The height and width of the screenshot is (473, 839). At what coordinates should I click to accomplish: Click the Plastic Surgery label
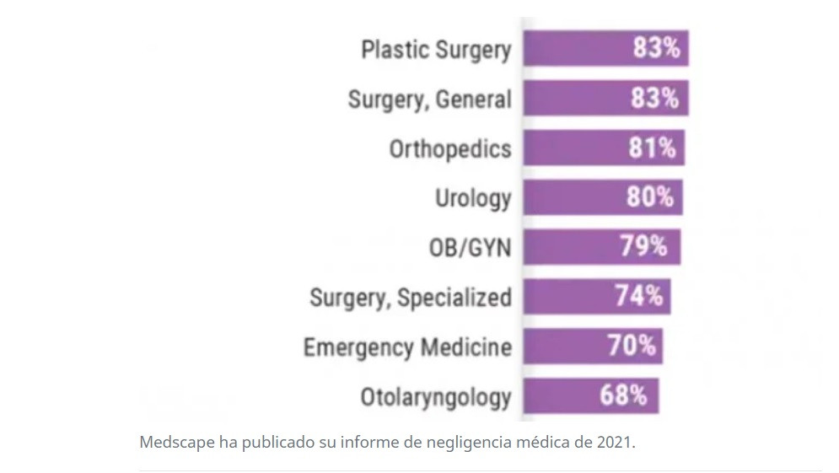coord(436,50)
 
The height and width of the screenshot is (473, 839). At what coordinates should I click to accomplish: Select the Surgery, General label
coord(429,99)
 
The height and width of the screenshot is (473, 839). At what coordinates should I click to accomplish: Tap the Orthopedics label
coord(449,149)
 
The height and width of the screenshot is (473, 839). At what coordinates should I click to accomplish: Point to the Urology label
coord(472,199)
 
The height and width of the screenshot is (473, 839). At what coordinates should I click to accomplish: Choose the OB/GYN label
coord(470,249)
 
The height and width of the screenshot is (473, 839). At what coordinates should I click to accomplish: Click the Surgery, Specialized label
coord(410,298)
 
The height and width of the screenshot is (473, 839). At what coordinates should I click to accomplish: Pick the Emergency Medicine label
coord(407,347)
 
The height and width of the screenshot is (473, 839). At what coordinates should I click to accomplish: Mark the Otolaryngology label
coord(435,397)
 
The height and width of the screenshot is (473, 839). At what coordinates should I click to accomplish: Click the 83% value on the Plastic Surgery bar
coord(656,48)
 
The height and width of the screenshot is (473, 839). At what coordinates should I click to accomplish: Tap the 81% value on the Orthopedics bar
coord(652,148)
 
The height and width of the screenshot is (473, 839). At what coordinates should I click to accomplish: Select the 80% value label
coord(650,198)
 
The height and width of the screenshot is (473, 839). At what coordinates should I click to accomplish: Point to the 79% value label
coord(644,247)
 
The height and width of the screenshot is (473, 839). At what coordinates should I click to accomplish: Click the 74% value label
coord(638,297)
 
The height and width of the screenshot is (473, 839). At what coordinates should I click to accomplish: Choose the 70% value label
coord(632,346)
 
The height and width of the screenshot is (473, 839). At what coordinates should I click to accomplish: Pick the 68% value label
coord(624,395)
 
